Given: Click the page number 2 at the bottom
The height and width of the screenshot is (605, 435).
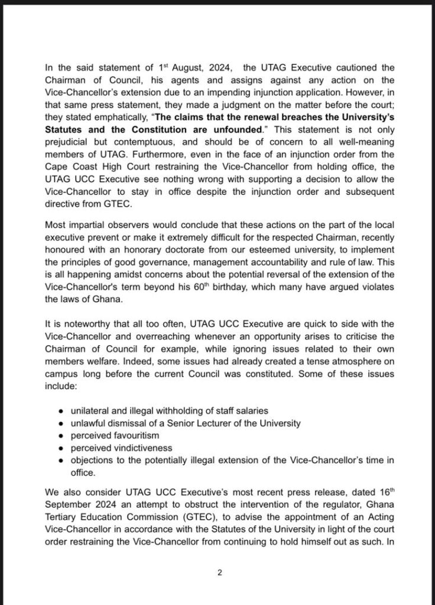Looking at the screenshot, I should (219, 571).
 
